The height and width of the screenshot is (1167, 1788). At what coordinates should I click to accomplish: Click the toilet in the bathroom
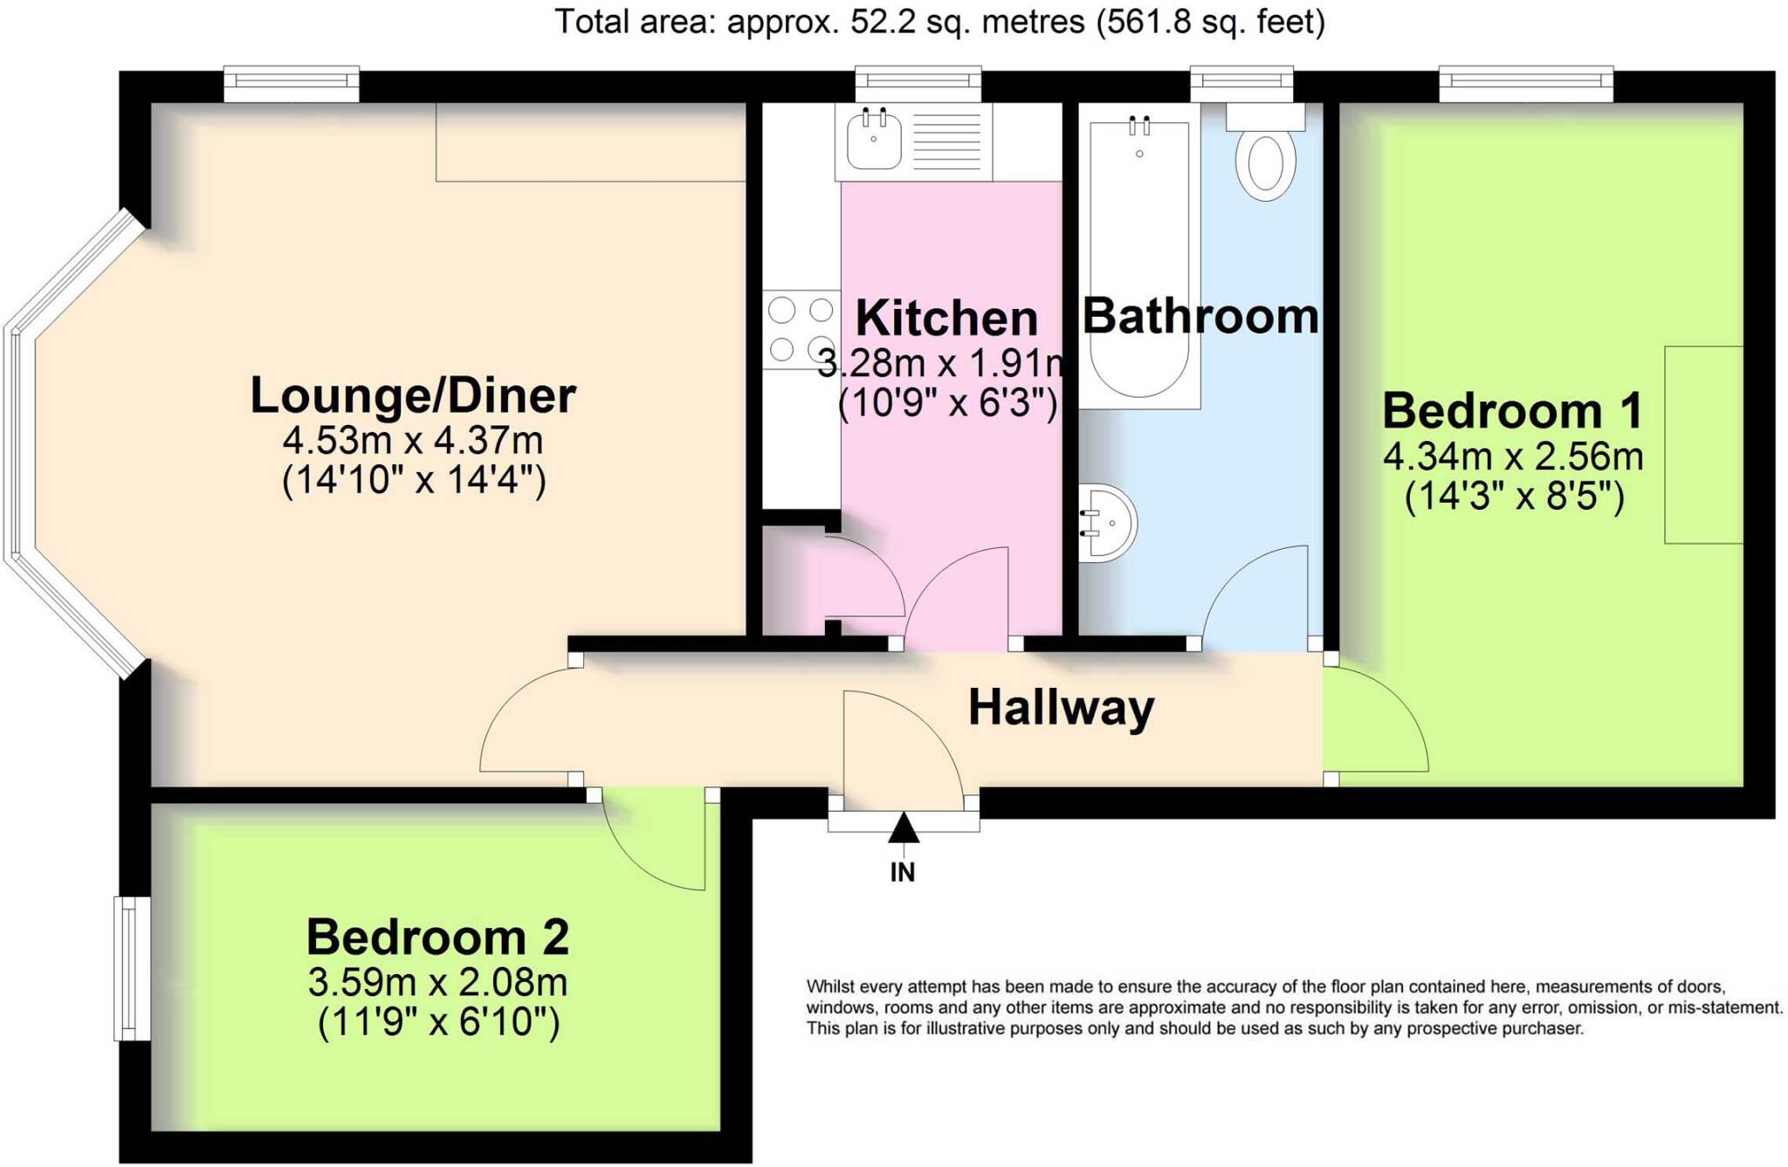1265,153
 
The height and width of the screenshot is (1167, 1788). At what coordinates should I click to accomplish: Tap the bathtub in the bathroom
1139,258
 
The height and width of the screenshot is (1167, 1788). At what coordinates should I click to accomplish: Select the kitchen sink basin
874,141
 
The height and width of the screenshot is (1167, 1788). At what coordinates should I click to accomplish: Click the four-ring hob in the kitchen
801,329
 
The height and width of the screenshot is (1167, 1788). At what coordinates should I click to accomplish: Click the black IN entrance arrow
904,827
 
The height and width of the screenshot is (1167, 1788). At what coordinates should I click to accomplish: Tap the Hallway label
1061,708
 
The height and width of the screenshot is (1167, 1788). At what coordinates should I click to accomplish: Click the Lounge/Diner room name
413,395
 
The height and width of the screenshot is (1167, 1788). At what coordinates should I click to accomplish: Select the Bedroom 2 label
437,937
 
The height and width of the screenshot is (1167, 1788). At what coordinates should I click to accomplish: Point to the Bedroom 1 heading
1513,410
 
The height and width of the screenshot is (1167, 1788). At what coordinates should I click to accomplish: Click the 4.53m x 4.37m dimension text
413,440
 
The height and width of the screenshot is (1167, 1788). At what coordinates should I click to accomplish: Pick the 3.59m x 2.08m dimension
437,983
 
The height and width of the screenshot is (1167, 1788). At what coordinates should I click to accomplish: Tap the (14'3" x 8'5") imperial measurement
1514,497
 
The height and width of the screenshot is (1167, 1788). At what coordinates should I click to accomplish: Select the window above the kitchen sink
918,84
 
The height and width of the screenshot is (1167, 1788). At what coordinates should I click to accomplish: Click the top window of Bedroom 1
1525,84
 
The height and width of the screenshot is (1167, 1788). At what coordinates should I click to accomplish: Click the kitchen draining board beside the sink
946,141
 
